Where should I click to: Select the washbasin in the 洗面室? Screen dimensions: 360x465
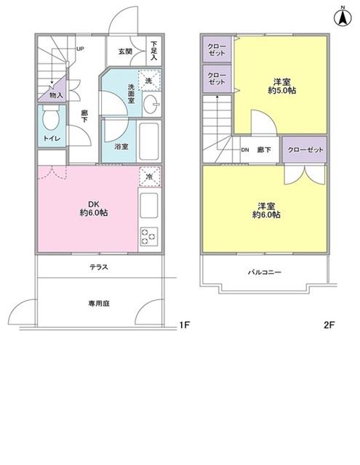(x=151, y=105)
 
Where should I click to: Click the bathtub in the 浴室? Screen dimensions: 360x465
(x=150, y=141)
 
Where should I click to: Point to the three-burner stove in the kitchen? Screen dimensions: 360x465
(x=148, y=236)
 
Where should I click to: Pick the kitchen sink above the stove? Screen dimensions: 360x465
(x=148, y=205)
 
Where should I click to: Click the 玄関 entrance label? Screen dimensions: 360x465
(x=125, y=52)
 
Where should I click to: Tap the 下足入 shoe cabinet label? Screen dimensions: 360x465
(x=153, y=50)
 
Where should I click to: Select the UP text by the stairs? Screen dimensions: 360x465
(x=80, y=49)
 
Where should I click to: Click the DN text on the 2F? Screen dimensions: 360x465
(x=245, y=150)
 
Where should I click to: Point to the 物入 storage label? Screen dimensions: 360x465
(x=56, y=95)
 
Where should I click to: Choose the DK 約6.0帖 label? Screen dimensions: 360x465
(x=94, y=209)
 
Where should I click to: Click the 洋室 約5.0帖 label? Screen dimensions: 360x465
(x=281, y=86)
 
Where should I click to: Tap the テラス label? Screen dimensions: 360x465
(x=99, y=267)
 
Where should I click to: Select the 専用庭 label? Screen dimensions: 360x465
(x=99, y=304)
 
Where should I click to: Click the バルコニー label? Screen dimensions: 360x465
(x=265, y=272)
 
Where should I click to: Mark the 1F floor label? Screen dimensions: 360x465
(x=184, y=325)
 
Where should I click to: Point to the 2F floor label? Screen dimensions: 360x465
(x=329, y=325)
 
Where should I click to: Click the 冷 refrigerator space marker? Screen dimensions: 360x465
(x=149, y=177)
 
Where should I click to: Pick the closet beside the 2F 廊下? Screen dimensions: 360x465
(x=305, y=150)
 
